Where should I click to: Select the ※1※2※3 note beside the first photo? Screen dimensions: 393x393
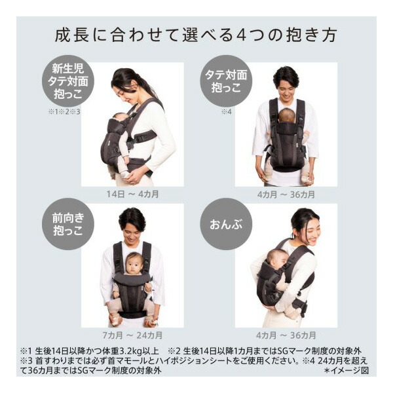pyautogui.click(x=64, y=112)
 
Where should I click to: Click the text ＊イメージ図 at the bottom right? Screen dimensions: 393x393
pyautogui.click(x=348, y=370)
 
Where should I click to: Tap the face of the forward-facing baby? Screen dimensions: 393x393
pyautogui.click(x=135, y=264)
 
